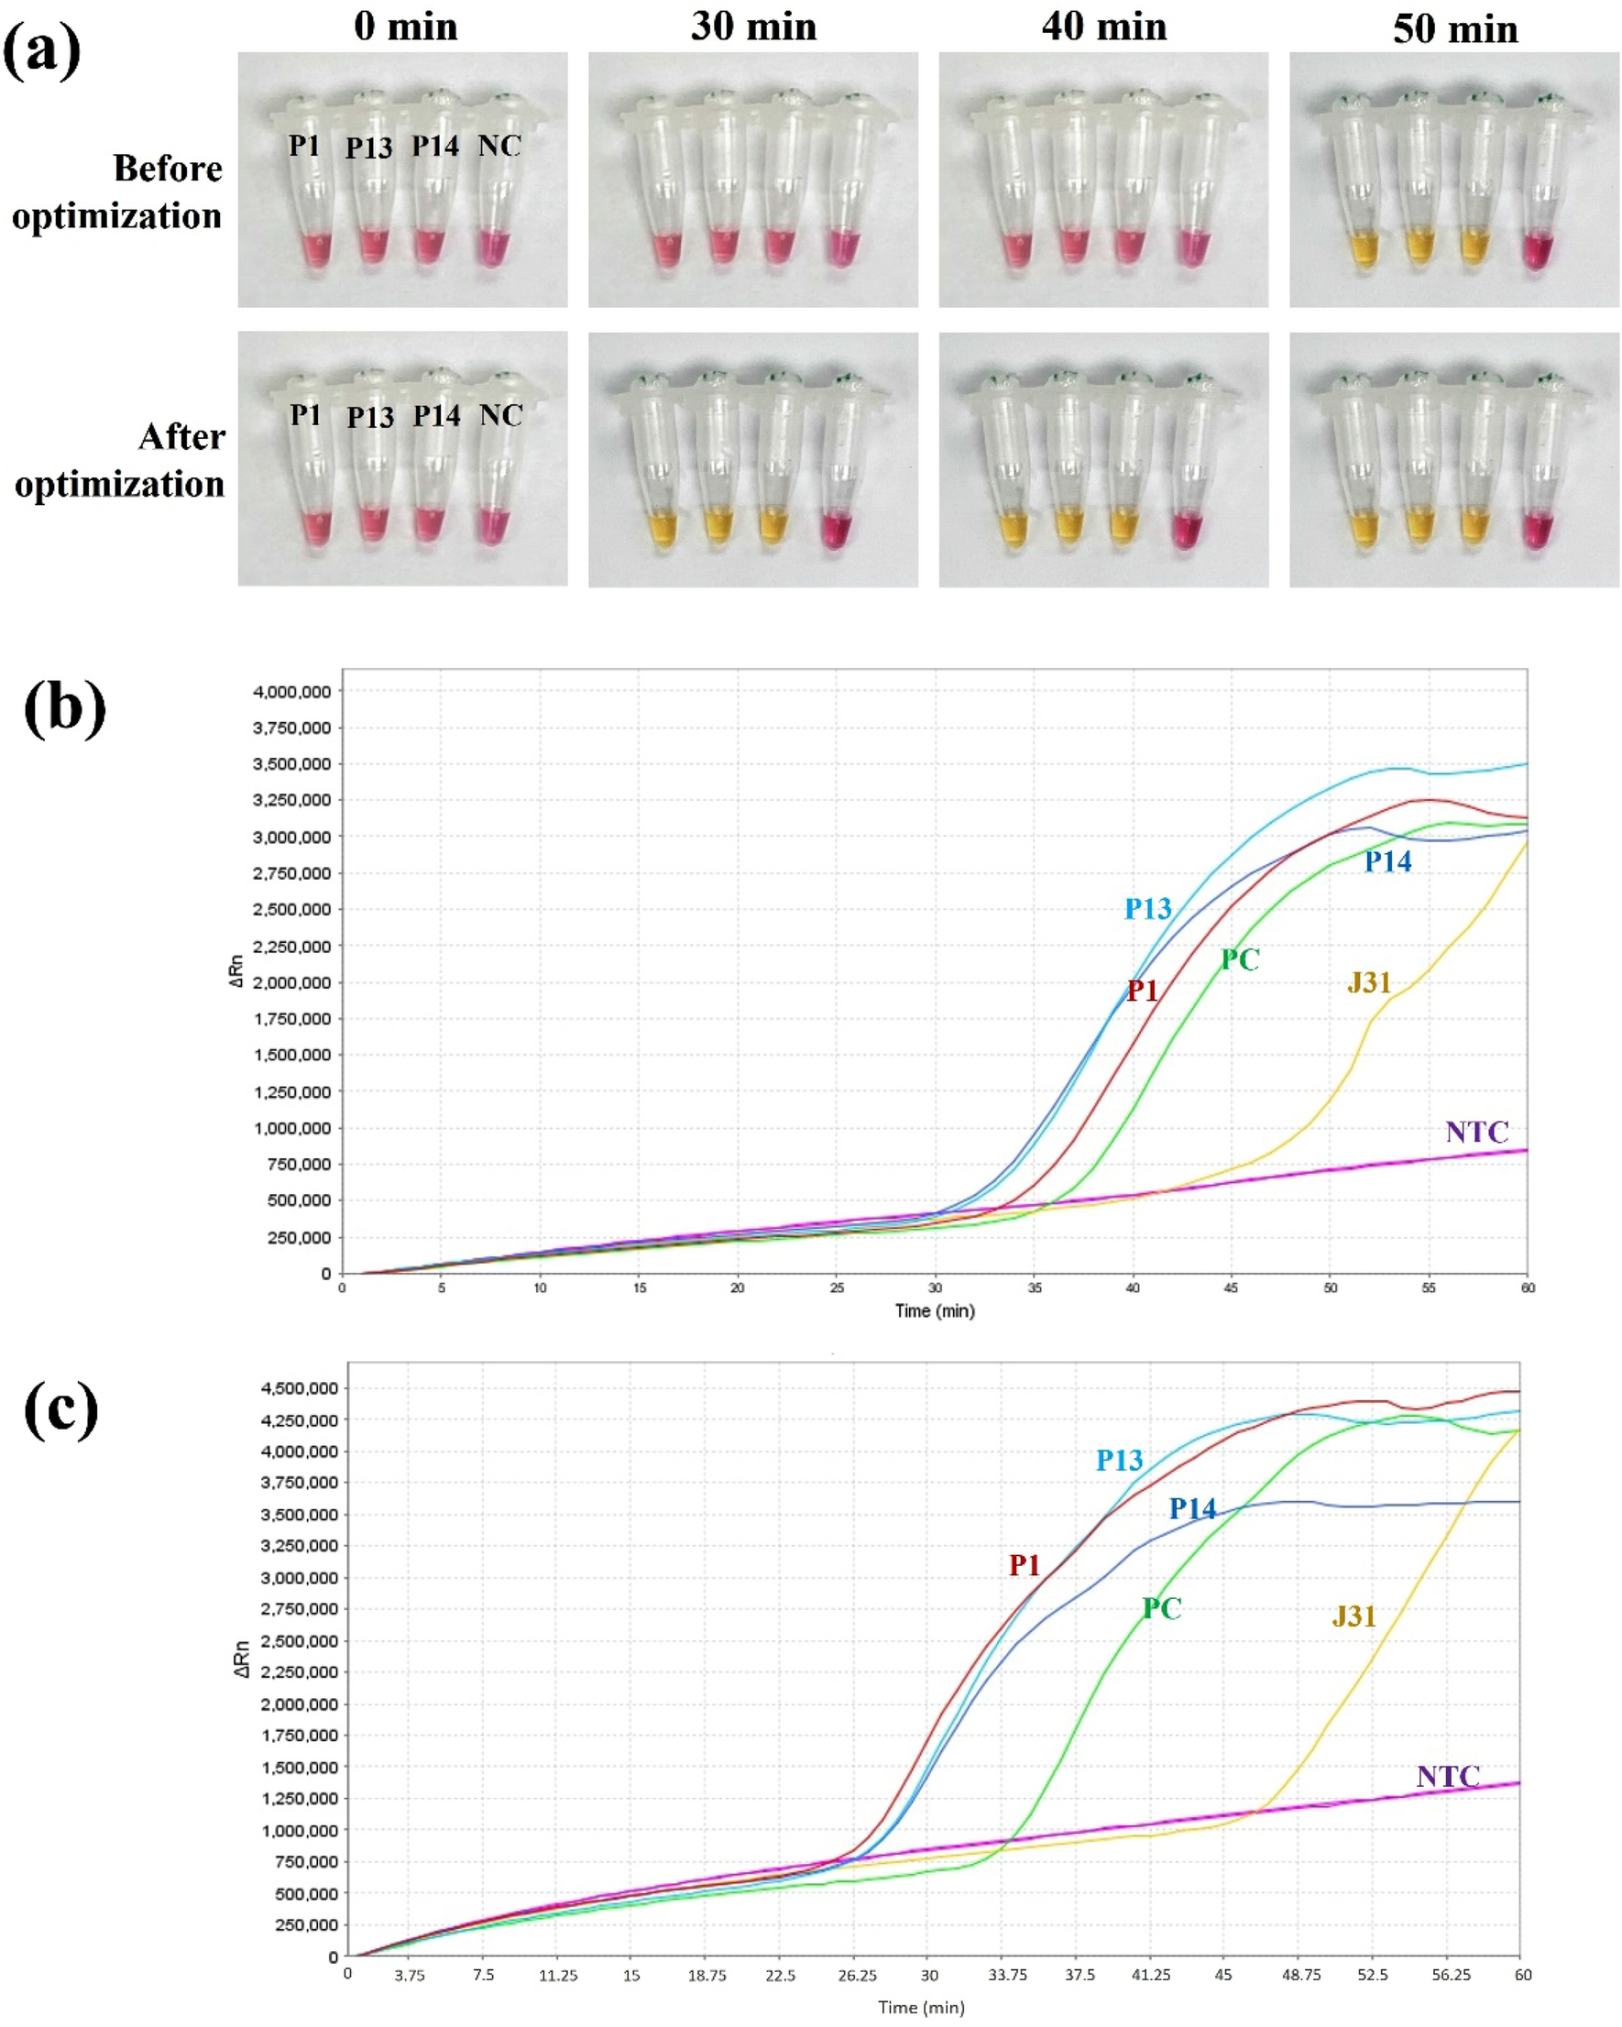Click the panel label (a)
coord(41,51)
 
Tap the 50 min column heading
coord(1454,29)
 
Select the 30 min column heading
coord(753,27)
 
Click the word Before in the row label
coord(168,169)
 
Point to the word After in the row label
coord(181,436)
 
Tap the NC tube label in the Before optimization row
coord(499,146)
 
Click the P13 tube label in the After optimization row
coord(369,417)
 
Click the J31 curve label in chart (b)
coord(1368,982)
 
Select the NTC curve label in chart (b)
coord(1476,1131)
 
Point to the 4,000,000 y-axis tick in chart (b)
coord(291,691)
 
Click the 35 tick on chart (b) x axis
coord(1035,1287)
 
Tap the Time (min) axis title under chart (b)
coord(934,1310)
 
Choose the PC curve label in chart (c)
coord(1161,1607)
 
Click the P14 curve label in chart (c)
coord(1191,1509)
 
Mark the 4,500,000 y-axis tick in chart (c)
coord(297,1388)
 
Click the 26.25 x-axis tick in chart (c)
coord(857,1976)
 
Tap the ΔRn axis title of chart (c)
coord(242,1659)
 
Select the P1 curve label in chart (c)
coord(1024,1564)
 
